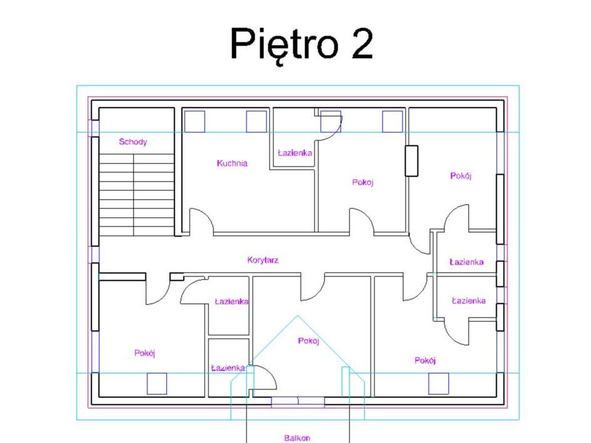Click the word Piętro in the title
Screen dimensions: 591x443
click(284, 45)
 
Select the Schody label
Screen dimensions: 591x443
click(133, 142)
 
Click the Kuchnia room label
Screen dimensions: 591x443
click(232, 163)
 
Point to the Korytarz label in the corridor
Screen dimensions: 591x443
click(263, 260)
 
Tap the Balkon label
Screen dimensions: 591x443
click(297, 438)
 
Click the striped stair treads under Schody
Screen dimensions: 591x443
click(137, 195)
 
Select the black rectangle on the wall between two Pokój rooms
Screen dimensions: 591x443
click(412, 161)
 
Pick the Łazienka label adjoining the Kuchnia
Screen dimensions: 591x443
click(295, 153)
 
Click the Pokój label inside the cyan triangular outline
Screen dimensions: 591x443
click(309, 341)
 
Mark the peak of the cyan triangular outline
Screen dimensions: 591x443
click(298, 316)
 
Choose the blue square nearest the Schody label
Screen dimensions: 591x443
click(195, 121)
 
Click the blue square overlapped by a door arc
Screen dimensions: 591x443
click(331, 121)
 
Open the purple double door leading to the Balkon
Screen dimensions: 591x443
click(298, 401)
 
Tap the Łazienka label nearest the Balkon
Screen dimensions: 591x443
click(228, 368)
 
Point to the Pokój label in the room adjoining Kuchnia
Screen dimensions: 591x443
click(363, 182)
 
